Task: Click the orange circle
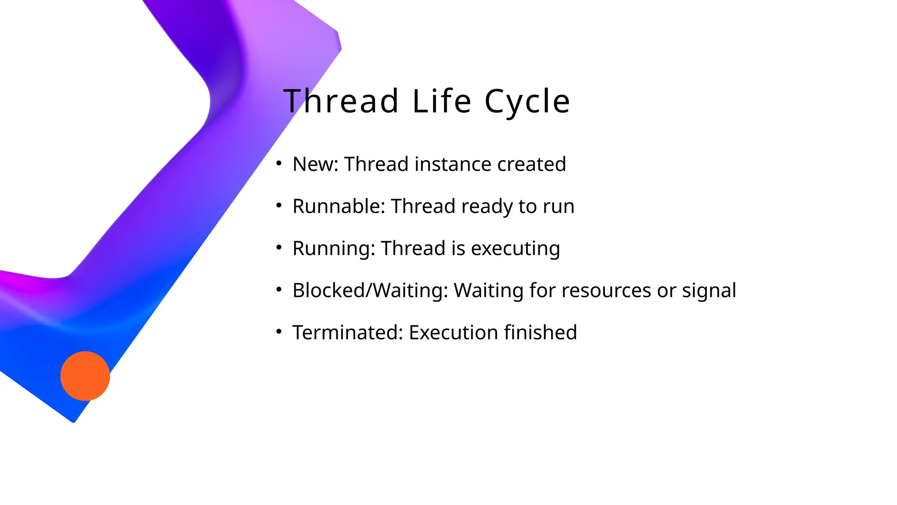click(85, 376)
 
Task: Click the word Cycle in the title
click(527, 101)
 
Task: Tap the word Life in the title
click(441, 101)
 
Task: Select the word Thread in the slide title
click(341, 101)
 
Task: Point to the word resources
click(606, 291)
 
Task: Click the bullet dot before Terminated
click(279, 332)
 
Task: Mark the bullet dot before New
click(279, 164)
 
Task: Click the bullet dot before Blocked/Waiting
click(279, 290)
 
